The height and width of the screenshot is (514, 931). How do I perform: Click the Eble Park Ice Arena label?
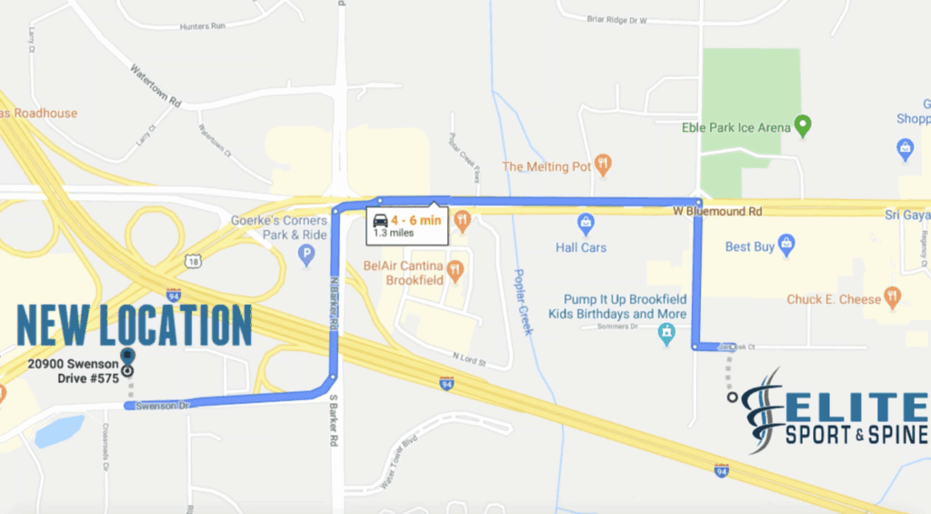[x=736, y=128]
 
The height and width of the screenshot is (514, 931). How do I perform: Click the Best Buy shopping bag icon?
[x=786, y=245]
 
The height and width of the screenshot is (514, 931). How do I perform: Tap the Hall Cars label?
[x=581, y=247]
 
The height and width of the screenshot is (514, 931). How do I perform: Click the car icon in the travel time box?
[x=379, y=220]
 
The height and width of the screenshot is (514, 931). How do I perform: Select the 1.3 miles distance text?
[x=394, y=233]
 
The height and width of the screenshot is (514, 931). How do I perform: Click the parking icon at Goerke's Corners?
[x=306, y=256]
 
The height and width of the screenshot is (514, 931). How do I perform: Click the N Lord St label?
[x=469, y=361]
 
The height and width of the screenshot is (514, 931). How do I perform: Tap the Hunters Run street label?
[x=203, y=25]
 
